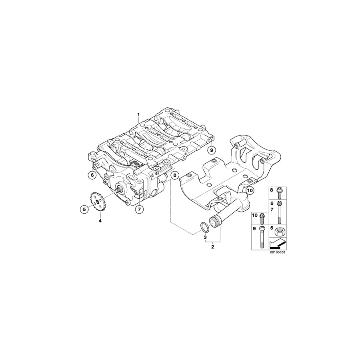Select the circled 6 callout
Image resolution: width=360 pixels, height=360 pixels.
[x=92, y=174]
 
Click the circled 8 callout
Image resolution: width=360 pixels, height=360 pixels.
[x=174, y=174]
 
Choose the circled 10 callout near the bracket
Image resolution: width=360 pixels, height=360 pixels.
[x=250, y=190]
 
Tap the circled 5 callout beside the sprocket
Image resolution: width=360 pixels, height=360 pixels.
[x=84, y=208]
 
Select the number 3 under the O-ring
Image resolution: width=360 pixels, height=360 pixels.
[x=205, y=238]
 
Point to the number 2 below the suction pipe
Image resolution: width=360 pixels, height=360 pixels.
[x=213, y=247]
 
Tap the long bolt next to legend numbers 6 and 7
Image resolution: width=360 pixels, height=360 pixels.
[x=280, y=212]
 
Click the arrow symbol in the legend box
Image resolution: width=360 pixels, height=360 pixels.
[x=278, y=243]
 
